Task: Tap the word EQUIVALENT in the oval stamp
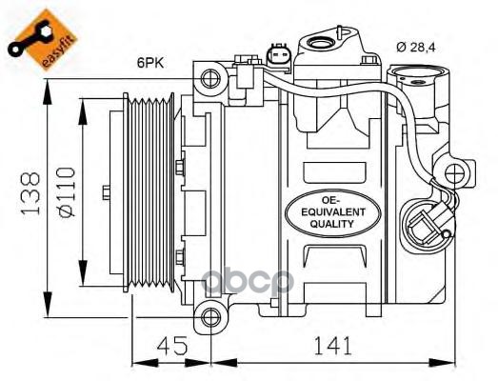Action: click(x=329, y=211)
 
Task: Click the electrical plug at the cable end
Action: click(x=423, y=225)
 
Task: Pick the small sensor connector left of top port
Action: click(x=279, y=55)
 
